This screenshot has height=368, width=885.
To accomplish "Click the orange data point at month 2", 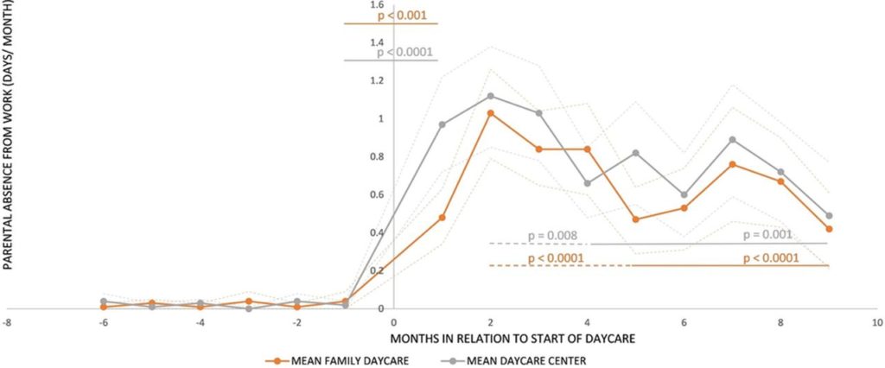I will click(x=491, y=113).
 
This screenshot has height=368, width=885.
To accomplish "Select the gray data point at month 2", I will click(x=491, y=96).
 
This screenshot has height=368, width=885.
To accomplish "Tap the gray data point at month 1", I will click(x=442, y=124).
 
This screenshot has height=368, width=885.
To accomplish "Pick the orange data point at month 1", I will click(x=442, y=218).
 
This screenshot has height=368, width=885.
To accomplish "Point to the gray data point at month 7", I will click(x=732, y=139).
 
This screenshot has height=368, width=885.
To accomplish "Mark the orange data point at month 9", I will click(x=829, y=229).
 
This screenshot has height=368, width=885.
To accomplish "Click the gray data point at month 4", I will click(x=588, y=183).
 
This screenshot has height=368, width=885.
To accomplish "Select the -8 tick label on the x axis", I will click(x=8, y=321).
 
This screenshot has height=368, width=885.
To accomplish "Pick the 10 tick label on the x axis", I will click(x=876, y=321).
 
